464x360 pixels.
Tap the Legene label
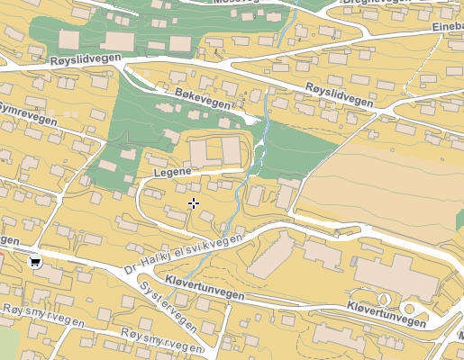(x=172, y=171)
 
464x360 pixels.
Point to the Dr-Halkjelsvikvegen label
(x=184, y=256)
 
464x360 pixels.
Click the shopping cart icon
(x=35, y=262)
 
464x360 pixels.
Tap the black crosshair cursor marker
(x=193, y=204)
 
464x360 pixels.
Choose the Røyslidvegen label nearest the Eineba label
(x=339, y=94)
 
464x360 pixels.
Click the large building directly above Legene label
(x=214, y=150)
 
